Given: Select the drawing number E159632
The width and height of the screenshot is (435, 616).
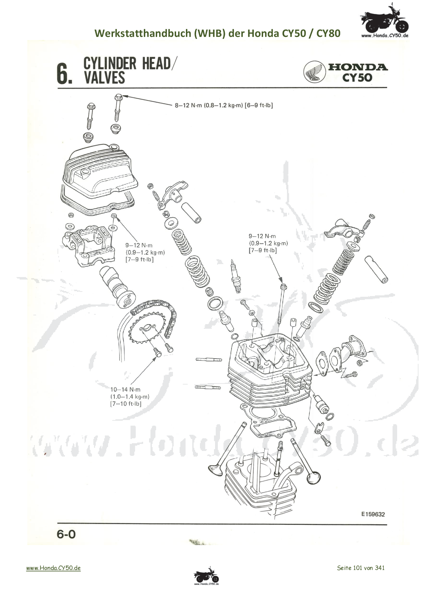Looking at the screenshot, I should tap(373, 514).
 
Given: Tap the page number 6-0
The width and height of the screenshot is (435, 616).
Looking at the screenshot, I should tap(66, 534).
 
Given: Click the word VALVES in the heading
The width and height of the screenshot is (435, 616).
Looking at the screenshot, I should tap(104, 78).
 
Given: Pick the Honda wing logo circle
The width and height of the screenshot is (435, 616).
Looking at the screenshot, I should tap(314, 72).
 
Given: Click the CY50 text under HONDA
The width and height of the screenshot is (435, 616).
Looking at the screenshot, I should tap(357, 77).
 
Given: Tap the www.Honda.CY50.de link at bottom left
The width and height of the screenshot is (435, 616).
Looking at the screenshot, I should tap(53, 568).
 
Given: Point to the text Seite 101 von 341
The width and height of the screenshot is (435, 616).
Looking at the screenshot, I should tap(361, 568).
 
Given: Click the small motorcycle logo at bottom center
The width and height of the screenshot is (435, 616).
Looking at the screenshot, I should tap(206, 576).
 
